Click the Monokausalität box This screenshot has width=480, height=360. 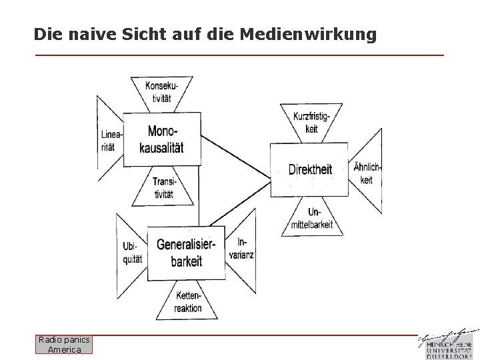click(x=162, y=139)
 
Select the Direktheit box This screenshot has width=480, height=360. click(x=309, y=169)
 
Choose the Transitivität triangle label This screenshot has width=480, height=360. click(x=163, y=188)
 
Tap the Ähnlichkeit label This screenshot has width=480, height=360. click(x=367, y=173)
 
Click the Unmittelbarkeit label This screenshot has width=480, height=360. click(x=312, y=219)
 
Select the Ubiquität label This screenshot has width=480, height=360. click(x=132, y=253)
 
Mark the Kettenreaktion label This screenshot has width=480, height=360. click(x=188, y=302)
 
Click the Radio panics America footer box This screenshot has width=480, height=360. click(x=65, y=345)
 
